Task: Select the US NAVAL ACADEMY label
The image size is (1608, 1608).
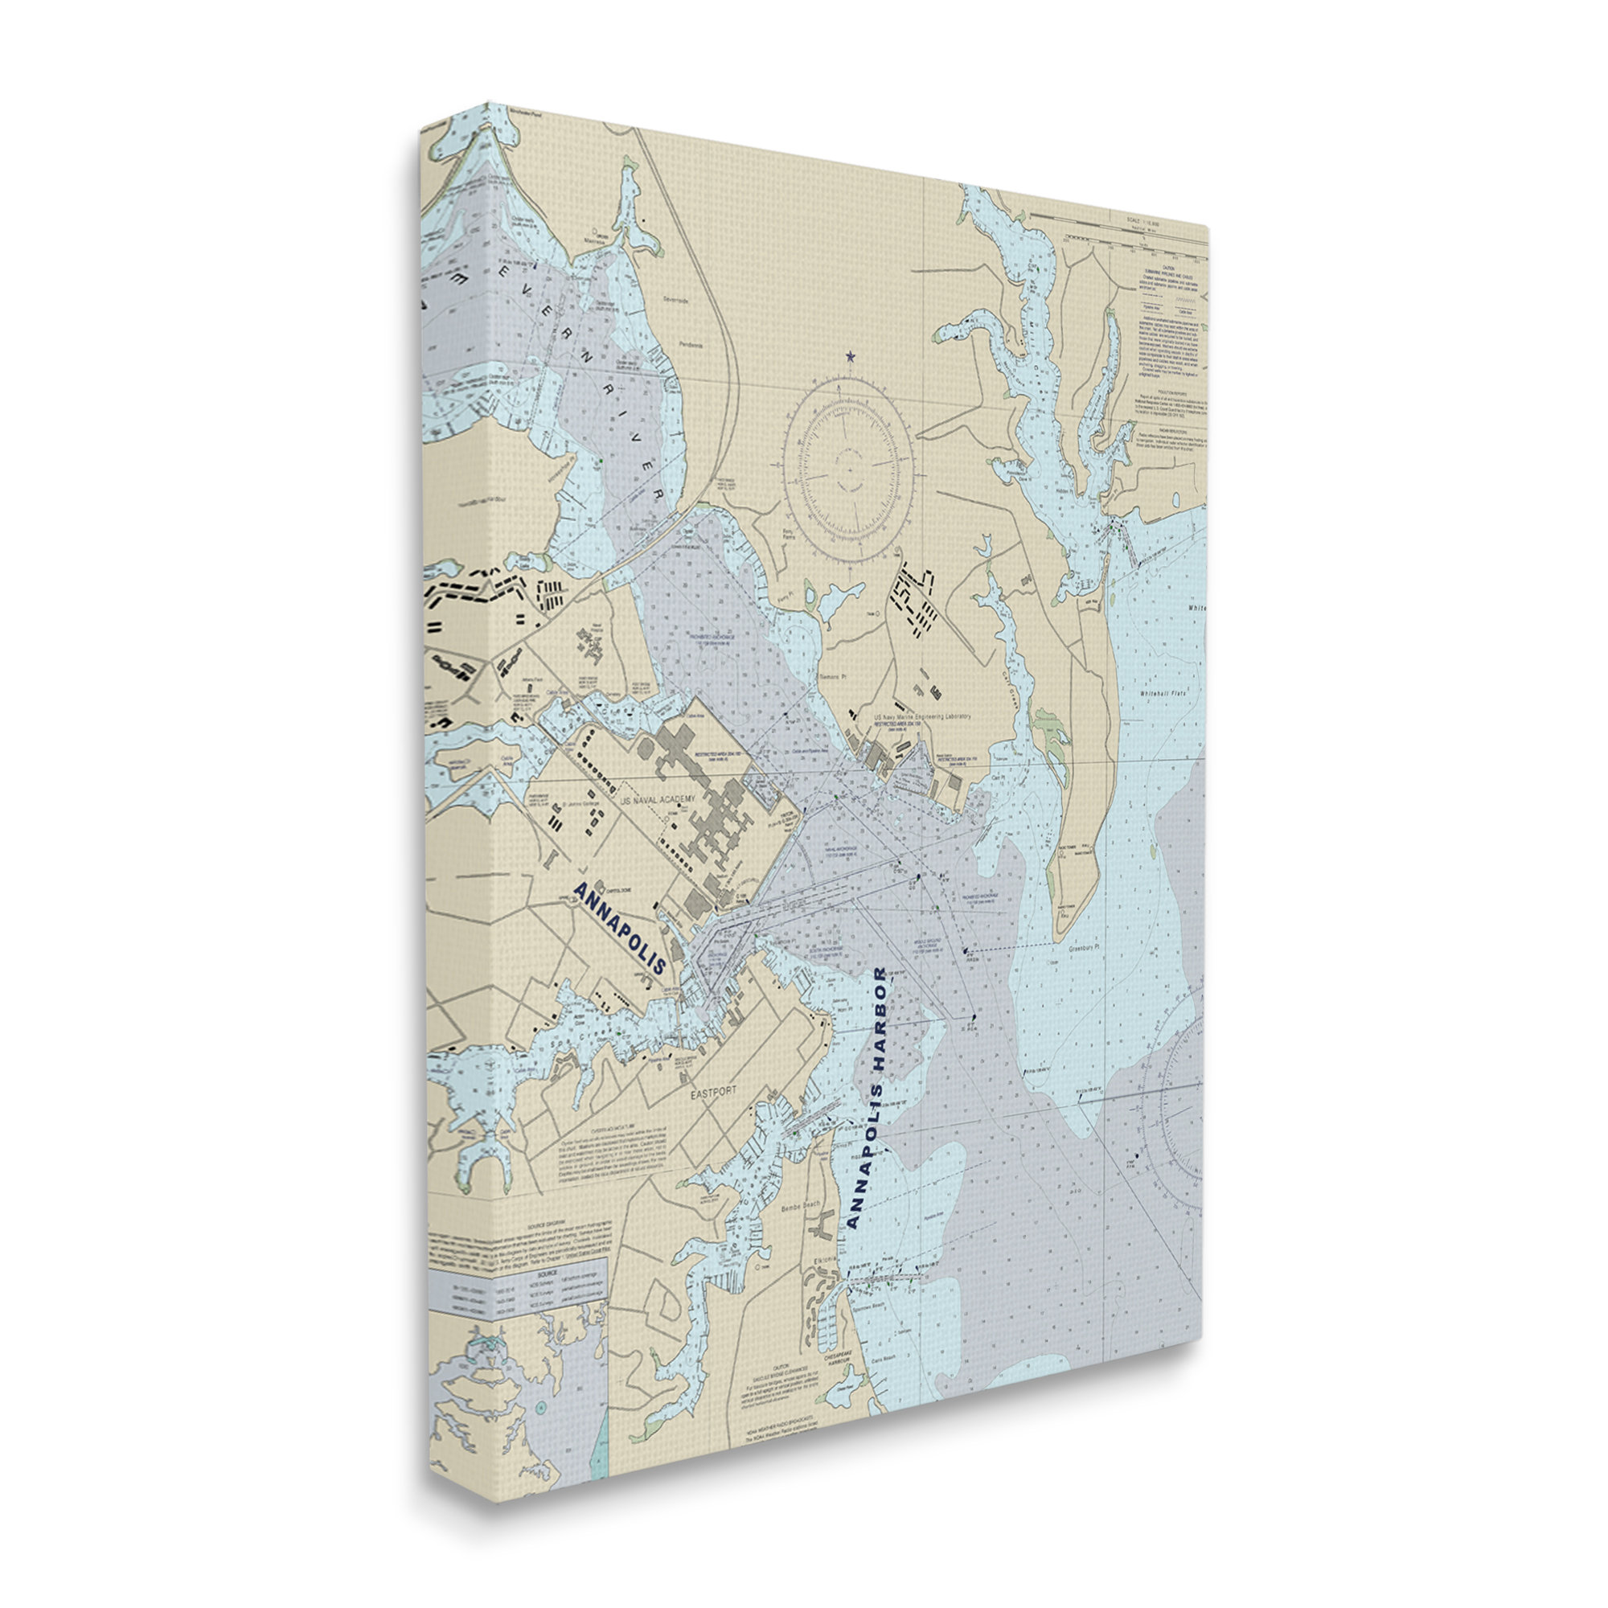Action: [658, 798]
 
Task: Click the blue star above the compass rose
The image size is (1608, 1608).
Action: [850, 356]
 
